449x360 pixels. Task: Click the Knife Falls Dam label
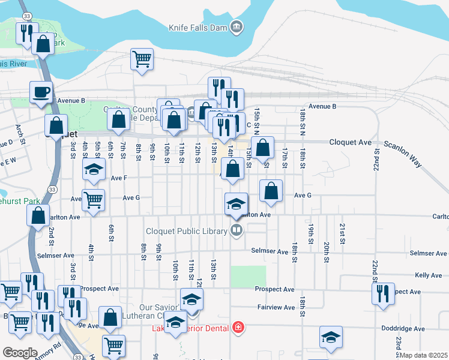(197, 27)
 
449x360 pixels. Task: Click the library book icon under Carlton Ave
(237, 230)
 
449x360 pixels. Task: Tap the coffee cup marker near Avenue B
(41, 92)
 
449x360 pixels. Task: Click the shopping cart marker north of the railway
(142, 59)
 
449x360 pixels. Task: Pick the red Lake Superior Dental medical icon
(238, 328)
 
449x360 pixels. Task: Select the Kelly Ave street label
(428, 275)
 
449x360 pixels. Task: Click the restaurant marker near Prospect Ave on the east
(382, 293)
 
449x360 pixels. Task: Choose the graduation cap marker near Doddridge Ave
(330, 337)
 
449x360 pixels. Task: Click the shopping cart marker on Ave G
(93, 200)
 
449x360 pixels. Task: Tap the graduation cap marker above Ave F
(94, 169)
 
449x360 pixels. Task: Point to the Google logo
(20, 353)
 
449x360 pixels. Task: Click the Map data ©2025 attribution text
(423, 356)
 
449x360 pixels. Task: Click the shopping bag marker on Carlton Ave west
(38, 217)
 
